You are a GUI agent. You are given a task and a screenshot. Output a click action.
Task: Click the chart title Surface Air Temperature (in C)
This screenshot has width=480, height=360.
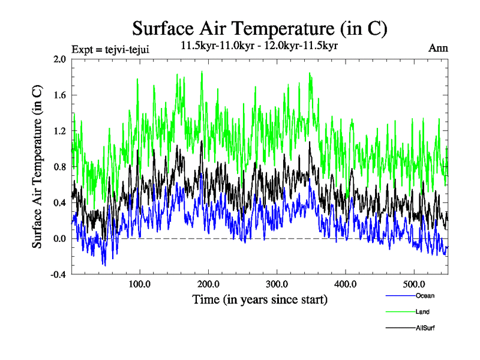click(259, 28)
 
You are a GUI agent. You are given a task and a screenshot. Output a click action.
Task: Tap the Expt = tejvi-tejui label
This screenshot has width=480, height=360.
click(110, 49)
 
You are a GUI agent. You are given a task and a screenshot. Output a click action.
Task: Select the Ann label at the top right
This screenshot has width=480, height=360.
click(439, 48)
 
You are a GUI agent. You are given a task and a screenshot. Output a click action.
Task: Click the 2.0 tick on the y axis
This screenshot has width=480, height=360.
click(59, 59)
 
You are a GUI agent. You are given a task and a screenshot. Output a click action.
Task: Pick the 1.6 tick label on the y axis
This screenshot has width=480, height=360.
click(59, 95)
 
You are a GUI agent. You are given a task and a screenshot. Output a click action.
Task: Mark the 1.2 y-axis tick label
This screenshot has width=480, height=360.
click(59, 131)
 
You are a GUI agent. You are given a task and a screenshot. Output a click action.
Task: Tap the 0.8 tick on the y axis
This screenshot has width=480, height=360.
click(59, 167)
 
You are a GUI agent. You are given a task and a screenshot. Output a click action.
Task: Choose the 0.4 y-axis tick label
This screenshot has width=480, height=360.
click(59, 203)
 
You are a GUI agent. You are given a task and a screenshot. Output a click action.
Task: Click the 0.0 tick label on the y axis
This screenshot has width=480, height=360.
click(59, 239)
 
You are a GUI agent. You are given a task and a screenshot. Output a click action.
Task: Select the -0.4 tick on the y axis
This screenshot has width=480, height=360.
click(58, 274)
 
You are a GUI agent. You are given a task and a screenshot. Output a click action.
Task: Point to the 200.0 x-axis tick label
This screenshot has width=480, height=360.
click(208, 283)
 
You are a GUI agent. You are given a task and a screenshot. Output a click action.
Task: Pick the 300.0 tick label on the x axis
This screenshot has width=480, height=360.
click(277, 283)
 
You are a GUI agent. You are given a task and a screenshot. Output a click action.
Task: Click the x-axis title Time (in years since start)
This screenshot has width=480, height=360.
click(259, 299)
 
